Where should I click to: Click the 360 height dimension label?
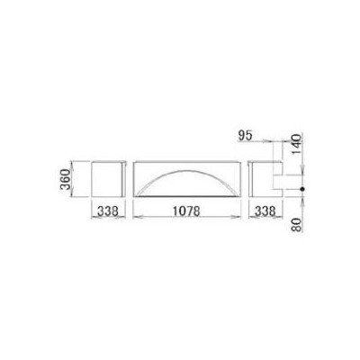point(66,179)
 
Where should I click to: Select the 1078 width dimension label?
point(186,211)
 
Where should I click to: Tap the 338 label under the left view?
point(107,211)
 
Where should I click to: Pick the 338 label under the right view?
point(265,211)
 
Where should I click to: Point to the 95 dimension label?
point(245,136)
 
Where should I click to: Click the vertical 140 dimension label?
point(295,144)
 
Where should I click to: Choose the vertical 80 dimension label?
point(296,225)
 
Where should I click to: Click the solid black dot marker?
point(302,189)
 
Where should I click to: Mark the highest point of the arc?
point(186,170)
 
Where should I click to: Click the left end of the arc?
point(136,196)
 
